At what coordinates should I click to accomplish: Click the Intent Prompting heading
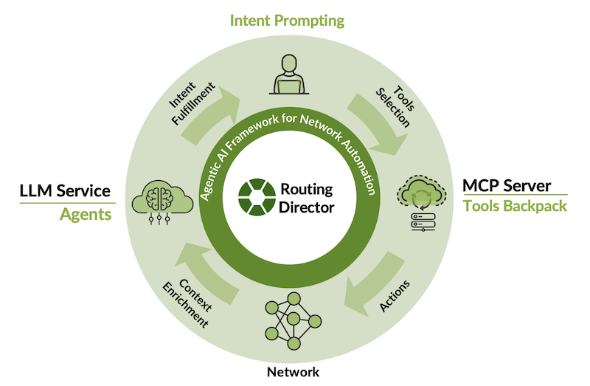(x=287, y=21)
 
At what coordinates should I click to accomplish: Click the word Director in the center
(x=306, y=207)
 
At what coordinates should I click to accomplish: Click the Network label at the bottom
(x=293, y=372)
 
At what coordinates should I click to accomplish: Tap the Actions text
(x=392, y=296)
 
